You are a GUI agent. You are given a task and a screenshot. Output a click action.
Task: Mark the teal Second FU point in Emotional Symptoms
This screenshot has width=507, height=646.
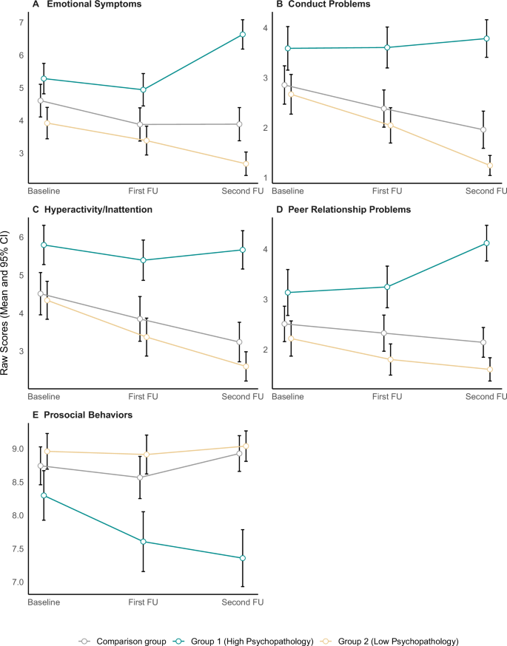tap(243, 35)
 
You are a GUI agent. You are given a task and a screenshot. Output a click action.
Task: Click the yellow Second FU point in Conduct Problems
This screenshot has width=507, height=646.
tap(490, 166)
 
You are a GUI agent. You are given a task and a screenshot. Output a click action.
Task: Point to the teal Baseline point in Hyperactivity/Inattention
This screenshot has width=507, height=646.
tap(44, 245)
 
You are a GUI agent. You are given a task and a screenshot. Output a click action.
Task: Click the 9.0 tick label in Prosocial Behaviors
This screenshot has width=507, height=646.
tap(16, 449)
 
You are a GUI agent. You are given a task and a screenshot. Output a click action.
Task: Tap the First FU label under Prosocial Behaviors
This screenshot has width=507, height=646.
tap(143, 603)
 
